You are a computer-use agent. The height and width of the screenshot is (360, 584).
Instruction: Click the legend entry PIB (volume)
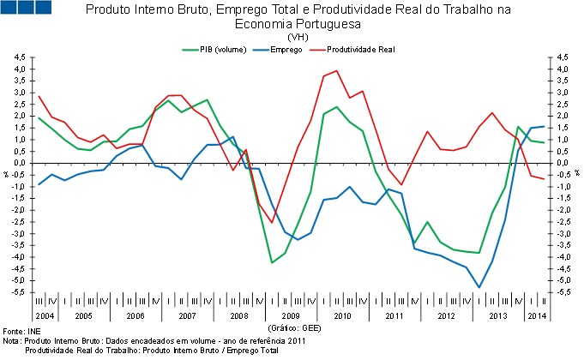tap(218, 49)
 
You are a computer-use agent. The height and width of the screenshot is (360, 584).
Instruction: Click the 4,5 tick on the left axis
tap(20, 57)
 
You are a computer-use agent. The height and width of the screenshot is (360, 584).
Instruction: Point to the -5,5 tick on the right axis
tap(565, 292)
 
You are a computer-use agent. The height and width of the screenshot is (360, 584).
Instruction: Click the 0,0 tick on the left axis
tap(20, 163)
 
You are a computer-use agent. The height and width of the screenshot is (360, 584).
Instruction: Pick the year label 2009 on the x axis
tap(291, 317)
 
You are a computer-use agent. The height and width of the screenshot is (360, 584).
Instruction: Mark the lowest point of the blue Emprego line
tap(479, 287)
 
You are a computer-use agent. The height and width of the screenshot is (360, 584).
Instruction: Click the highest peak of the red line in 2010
tap(335, 71)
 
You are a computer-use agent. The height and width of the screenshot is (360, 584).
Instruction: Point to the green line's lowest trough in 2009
tap(272, 262)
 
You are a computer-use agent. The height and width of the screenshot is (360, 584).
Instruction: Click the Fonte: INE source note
tap(22, 330)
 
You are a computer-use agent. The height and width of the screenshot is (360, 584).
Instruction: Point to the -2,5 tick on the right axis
tap(565, 222)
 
